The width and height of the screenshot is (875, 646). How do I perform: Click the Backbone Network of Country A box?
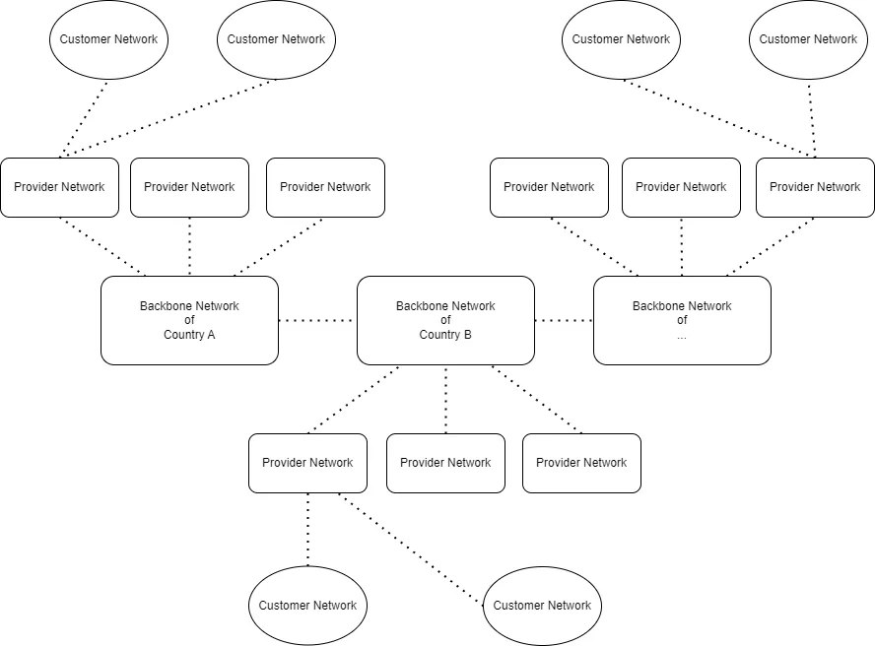(x=189, y=320)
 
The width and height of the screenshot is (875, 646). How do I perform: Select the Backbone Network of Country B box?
(x=445, y=320)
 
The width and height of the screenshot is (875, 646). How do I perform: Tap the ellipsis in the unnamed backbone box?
(x=682, y=336)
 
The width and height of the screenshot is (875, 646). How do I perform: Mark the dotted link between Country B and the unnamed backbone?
(x=564, y=320)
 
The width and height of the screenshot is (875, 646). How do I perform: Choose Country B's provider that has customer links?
(x=307, y=463)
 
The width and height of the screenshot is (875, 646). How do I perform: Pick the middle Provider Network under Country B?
(x=445, y=463)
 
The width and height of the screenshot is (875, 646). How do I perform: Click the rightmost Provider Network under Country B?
(x=581, y=463)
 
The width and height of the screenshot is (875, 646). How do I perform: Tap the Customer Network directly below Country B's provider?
(x=307, y=606)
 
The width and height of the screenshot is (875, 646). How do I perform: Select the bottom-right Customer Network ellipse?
(x=542, y=606)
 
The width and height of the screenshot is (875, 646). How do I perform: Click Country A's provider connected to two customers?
(x=59, y=187)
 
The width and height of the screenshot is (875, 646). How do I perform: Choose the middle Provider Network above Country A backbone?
(x=189, y=187)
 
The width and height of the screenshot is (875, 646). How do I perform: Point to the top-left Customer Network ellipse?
(x=108, y=39)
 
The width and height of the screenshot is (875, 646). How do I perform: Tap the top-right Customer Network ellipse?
(x=808, y=39)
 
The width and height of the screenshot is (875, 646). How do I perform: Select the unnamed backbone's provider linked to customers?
(x=815, y=187)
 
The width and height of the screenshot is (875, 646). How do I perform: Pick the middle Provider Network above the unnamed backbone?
(x=681, y=187)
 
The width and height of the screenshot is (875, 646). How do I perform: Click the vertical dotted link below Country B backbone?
(x=445, y=399)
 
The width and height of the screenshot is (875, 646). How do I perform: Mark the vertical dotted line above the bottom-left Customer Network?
(x=307, y=529)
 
